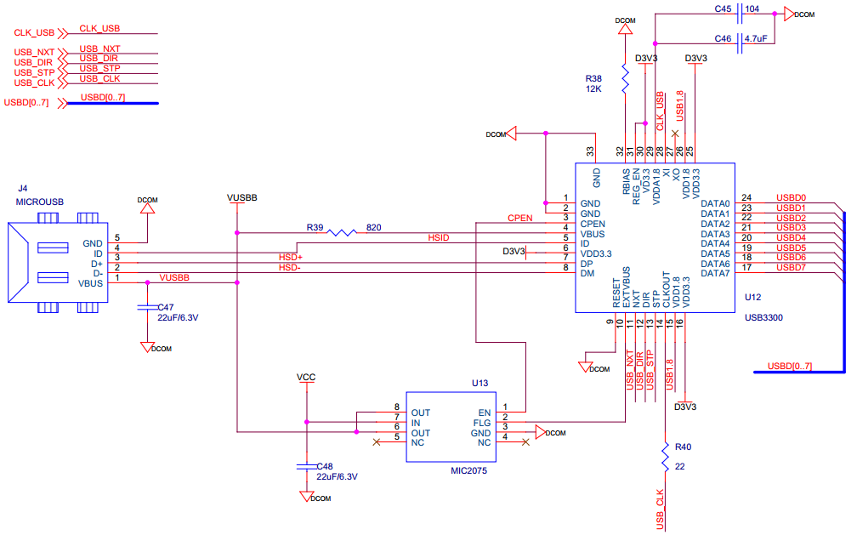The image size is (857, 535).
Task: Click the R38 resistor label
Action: [x=593, y=77]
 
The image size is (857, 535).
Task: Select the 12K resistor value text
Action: [x=593, y=88]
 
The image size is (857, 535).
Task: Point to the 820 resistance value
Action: [x=373, y=227]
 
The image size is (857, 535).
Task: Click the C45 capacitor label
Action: [x=723, y=9]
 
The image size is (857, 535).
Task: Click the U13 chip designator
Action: [x=480, y=384]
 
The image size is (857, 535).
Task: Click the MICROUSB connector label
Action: [x=40, y=202]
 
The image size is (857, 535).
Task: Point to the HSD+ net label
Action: [x=291, y=257]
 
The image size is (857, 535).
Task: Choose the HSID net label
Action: [x=438, y=237]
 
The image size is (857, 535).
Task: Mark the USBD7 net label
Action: [x=791, y=268]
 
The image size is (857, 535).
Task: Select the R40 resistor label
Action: [x=683, y=447]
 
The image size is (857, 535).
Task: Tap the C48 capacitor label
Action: [x=325, y=467]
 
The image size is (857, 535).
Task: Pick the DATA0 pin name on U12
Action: [x=715, y=204]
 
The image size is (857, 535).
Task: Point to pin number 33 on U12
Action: [x=590, y=151]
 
